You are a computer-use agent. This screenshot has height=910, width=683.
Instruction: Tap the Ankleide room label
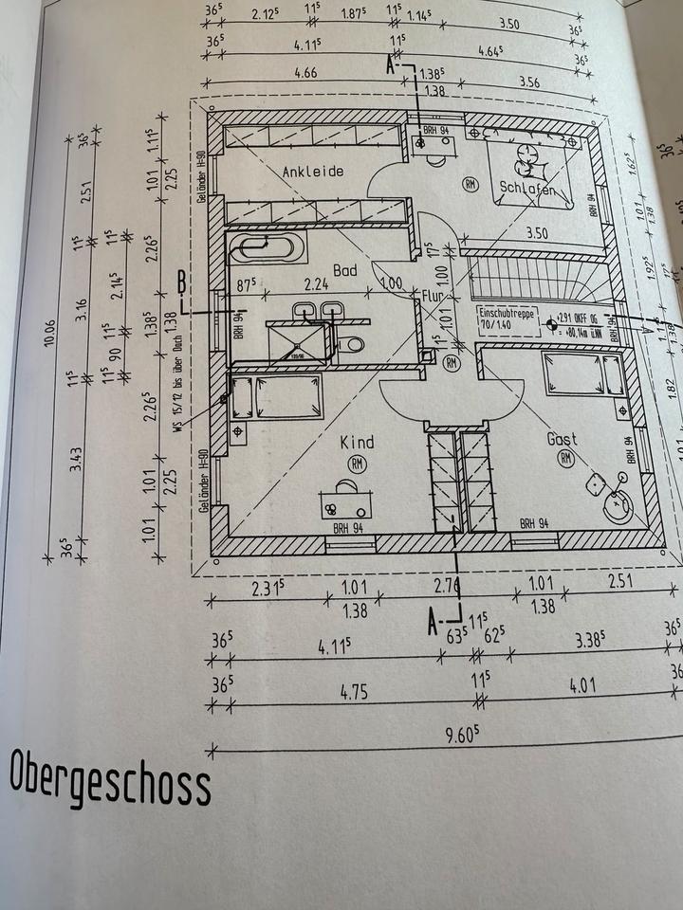(312, 172)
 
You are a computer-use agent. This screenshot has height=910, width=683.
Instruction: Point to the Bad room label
(345, 271)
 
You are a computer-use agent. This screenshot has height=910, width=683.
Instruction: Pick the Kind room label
(357, 442)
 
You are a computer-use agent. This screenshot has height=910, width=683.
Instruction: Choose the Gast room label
(563, 440)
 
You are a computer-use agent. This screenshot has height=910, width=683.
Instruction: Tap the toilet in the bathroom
(350, 343)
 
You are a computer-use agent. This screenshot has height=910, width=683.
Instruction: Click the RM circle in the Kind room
(358, 464)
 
